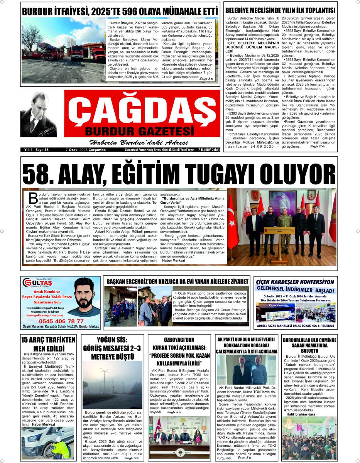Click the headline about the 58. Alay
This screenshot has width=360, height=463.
pyautogui.click(x=179, y=172)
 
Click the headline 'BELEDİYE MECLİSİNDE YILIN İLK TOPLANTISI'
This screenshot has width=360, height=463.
pyautogui.click(x=280, y=10)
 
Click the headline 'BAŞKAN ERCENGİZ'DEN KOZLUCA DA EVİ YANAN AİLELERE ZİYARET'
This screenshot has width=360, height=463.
pyautogui.click(x=177, y=282)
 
